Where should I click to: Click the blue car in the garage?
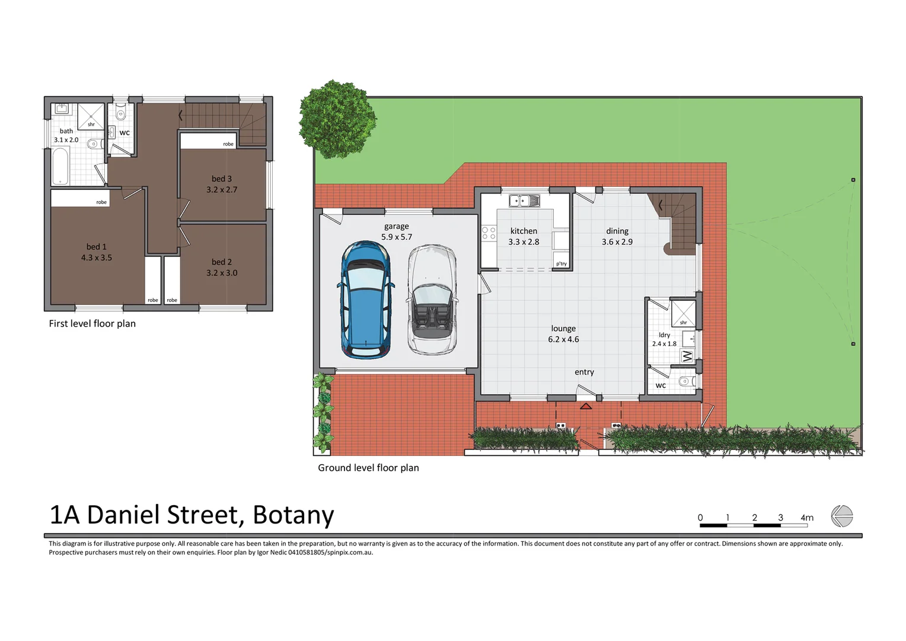tap(365, 299)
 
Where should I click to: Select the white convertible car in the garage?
tap(432, 300)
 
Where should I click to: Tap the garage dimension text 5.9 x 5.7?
tap(397, 237)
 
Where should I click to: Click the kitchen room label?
tap(524, 231)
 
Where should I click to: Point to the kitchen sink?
tap(524, 201)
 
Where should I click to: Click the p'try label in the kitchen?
tap(561, 264)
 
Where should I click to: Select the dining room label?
tap(617, 231)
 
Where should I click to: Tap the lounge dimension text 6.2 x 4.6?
tap(563, 339)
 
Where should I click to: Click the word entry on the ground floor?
tap(584, 372)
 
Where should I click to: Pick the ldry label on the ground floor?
tap(664, 335)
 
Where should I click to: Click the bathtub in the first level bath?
tap(60, 166)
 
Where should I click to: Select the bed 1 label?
tap(97, 246)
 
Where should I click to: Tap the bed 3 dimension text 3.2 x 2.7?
tap(222, 190)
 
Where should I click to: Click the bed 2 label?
tap(222, 262)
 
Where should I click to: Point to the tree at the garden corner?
tap(337, 119)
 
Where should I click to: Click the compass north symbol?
tap(841, 516)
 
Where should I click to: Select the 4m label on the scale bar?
tap(807, 518)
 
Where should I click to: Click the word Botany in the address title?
tap(293, 515)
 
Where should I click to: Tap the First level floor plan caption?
tap(92, 323)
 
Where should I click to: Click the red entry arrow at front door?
tap(586, 406)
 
